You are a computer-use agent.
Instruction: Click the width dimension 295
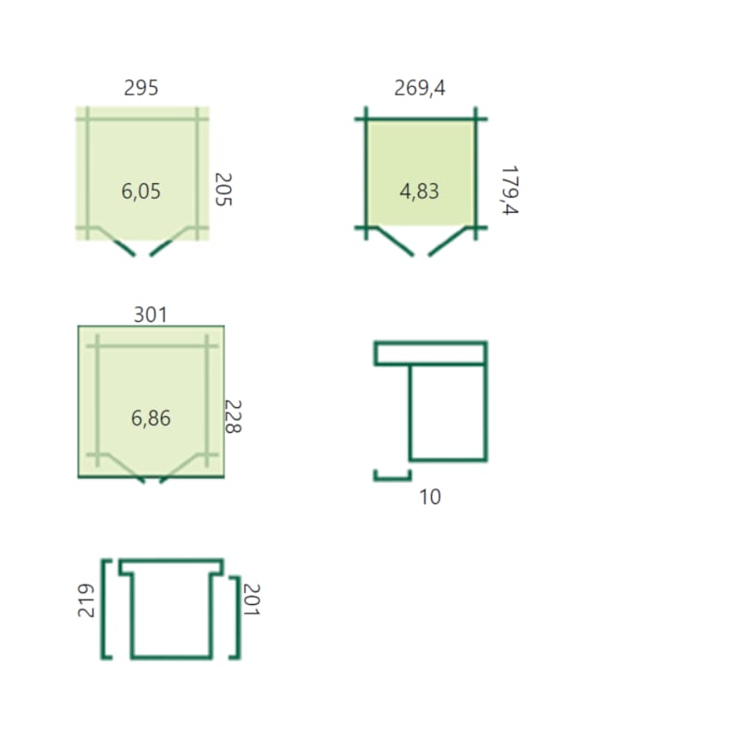(x=142, y=88)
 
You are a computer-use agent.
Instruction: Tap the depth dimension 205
(x=223, y=190)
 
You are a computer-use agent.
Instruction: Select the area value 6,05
(x=142, y=191)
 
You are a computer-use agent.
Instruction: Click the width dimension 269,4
(x=420, y=88)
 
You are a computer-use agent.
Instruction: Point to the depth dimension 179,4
(x=510, y=191)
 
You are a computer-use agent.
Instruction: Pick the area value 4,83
(x=420, y=191)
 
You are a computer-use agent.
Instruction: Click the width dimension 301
(x=151, y=314)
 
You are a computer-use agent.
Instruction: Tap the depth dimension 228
(x=233, y=417)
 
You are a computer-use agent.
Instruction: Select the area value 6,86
(x=151, y=418)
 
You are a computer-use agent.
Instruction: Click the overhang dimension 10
(x=430, y=497)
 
